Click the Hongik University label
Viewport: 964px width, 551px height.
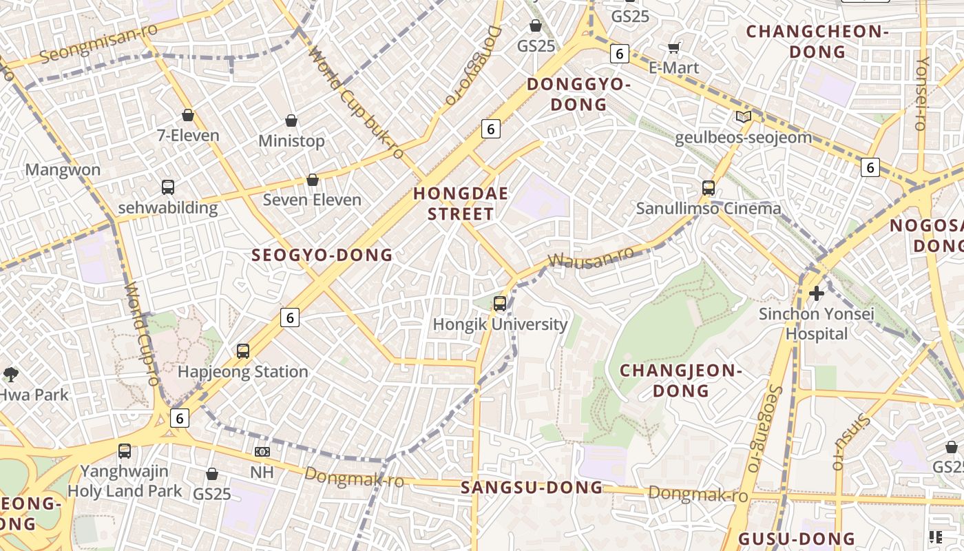(x=500, y=324)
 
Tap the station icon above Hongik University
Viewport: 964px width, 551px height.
(x=500, y=303)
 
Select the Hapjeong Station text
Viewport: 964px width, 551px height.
(x=243, y=372)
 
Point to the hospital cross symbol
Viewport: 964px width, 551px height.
(x=817, y=293)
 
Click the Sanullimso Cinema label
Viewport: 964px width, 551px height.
(x=709, y=208)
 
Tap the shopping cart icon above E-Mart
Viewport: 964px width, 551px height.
(x=673, y=48)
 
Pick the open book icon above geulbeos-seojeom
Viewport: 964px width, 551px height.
(x=744, y=117)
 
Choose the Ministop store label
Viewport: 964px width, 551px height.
(x=291, y=141)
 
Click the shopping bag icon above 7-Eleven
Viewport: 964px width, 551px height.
(x=188, y=115)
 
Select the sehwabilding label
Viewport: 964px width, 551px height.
(x=168, y=207)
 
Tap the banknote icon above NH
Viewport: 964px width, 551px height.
(x=262, y=452)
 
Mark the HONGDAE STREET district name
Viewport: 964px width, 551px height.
(x=461, y=204)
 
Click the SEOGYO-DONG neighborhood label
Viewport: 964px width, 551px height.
(x=322, y=256)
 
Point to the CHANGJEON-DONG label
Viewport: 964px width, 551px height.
(x=678, y=381)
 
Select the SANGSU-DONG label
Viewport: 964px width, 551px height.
(x=532, y=488)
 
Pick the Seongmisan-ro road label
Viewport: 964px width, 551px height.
(x=99, y=43)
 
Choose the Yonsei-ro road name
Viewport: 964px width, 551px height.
(x=921, y=93)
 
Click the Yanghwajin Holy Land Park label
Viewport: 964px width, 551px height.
(x=125, y=481)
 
